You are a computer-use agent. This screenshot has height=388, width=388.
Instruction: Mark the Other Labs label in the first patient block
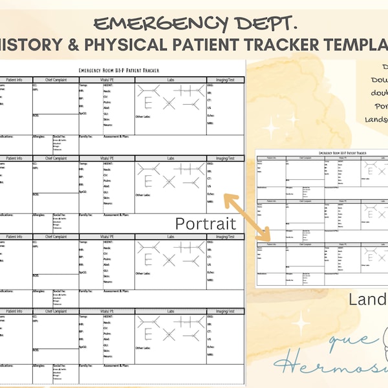[x=143, y=117]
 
